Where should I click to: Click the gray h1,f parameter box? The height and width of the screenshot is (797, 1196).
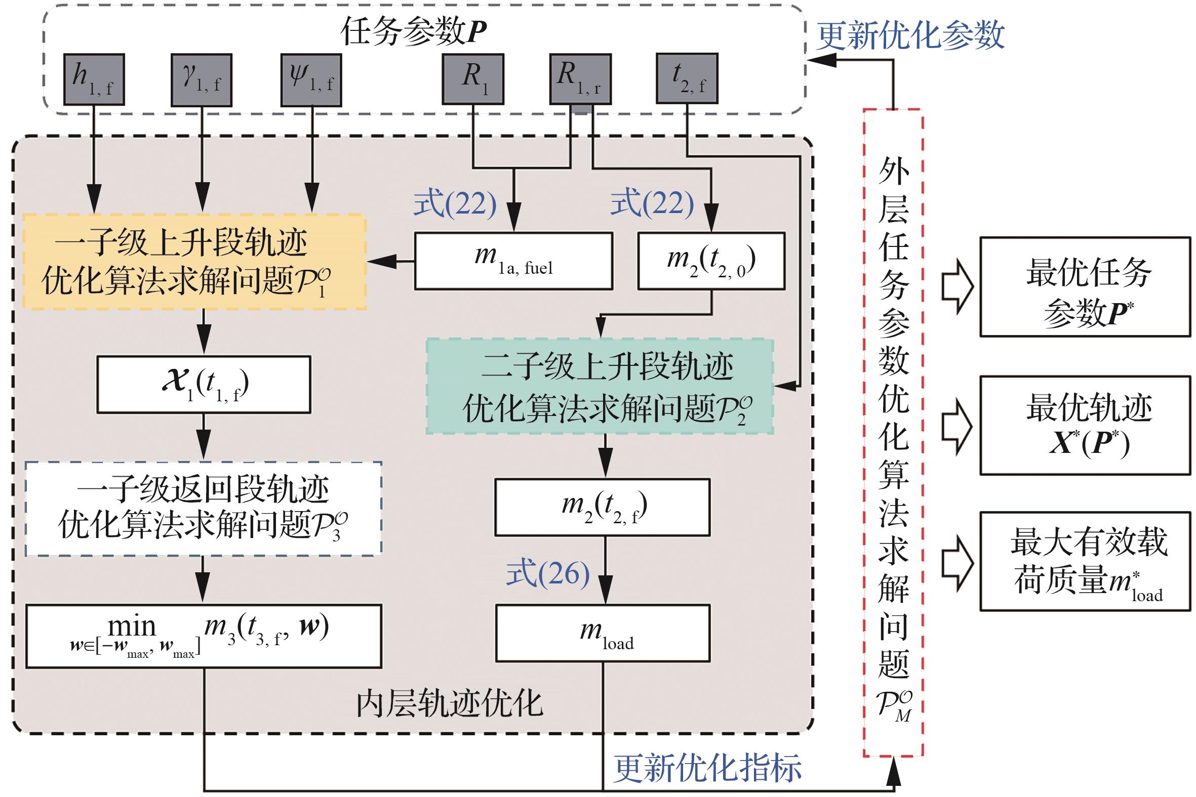coord(94,80)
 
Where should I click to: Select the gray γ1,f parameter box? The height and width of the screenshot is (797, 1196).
coord(202,80)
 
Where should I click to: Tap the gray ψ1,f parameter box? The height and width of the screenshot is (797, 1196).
coord(311,80)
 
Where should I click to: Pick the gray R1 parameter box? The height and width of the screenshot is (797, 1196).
coord(473,79)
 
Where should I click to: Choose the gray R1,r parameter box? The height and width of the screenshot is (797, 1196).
coord(580,79)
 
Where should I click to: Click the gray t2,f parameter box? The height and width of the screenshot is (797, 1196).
coord(687,79)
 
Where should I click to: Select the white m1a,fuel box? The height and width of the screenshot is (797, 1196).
coord(513,261)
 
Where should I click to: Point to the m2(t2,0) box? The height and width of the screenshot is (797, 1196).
coord(711,261)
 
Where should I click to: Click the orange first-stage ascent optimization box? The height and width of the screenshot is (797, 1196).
coord(194,262)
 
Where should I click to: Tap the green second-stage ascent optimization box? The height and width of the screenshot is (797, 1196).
coord(600,386)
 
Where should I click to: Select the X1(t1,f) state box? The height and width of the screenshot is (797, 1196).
coord(204,384)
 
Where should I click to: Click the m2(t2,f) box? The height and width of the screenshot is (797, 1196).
coord(603,507)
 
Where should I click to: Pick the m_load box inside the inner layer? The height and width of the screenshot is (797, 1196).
coord(603,633)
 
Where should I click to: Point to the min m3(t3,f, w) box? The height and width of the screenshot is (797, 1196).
coord(204,636)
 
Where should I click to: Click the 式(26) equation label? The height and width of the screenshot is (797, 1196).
coord(548,573)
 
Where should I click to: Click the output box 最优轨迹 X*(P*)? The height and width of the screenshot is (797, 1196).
coord(1085,426)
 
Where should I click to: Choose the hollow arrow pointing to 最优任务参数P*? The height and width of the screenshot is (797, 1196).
coord(956,287)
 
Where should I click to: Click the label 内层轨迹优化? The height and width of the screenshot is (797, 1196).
coord(449,704)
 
